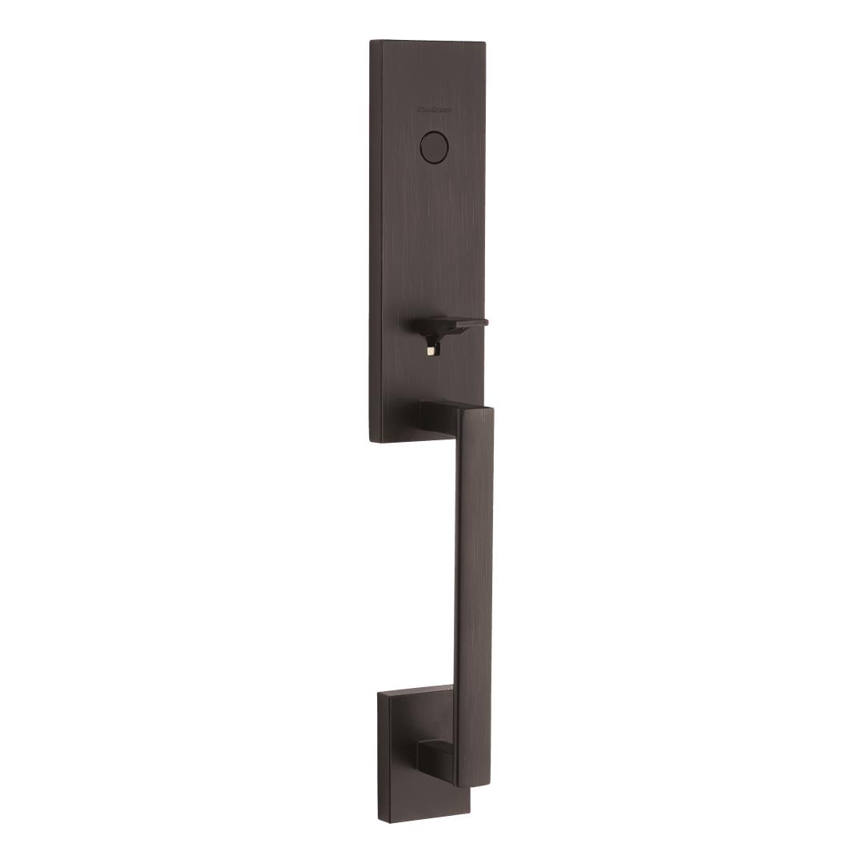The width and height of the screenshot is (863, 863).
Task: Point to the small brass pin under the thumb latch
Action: coord(431,349)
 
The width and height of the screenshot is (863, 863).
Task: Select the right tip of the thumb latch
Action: coord(460,321)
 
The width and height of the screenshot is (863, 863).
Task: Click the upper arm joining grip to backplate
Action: coord(438,415)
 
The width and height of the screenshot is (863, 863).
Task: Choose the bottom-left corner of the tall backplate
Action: coord(371,438)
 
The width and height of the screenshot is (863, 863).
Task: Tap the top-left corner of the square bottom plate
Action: coord(382,694)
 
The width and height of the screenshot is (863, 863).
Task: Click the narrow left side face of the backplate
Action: coord(374,240)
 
